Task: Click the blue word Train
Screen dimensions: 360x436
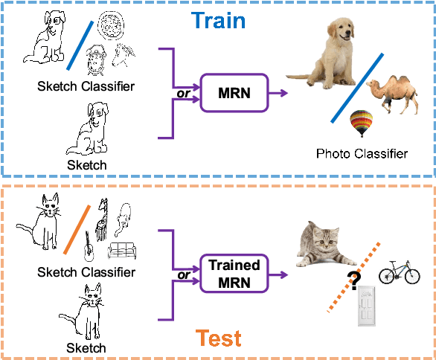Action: pos(219,19)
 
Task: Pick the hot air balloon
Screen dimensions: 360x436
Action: pos(362,123)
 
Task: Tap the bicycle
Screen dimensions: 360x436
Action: pos(398,273)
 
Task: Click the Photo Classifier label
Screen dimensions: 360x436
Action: pos(362,154)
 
